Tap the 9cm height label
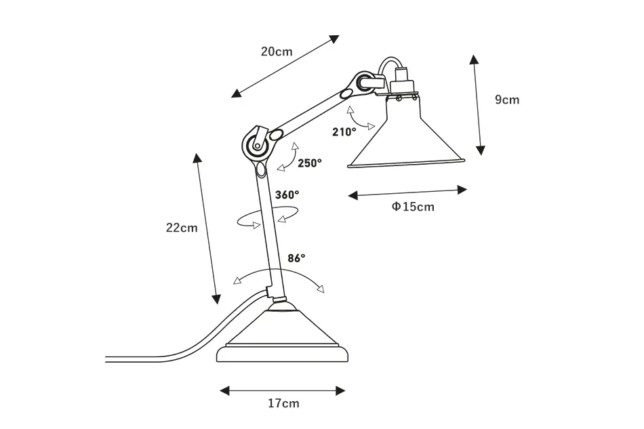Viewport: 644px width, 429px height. click(x=506, y=100)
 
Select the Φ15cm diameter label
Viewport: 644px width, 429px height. click(x=412, y=207)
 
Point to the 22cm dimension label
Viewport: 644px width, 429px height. click(x=182, y=228)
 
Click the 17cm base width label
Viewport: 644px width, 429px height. click(x=283, y=404)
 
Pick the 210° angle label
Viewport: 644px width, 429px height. click(x=344, y=132)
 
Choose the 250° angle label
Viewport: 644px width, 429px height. click(x=310, y=163)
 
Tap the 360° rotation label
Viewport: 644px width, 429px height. click(x=287, y=195)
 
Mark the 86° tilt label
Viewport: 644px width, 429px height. click(x=296, y=258)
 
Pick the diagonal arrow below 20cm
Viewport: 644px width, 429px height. click(x=284, y=66)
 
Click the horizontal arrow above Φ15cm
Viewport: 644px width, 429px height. click(x=407, y=192)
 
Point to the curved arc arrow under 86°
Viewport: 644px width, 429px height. click(x=277, y=273)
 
